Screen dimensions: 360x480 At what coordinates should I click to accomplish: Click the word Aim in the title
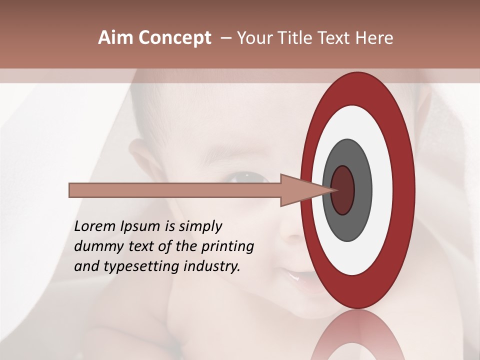coord(115,38)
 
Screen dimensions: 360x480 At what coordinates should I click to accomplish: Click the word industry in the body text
coord(212,266)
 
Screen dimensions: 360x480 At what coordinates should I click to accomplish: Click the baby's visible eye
coord(248,177)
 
